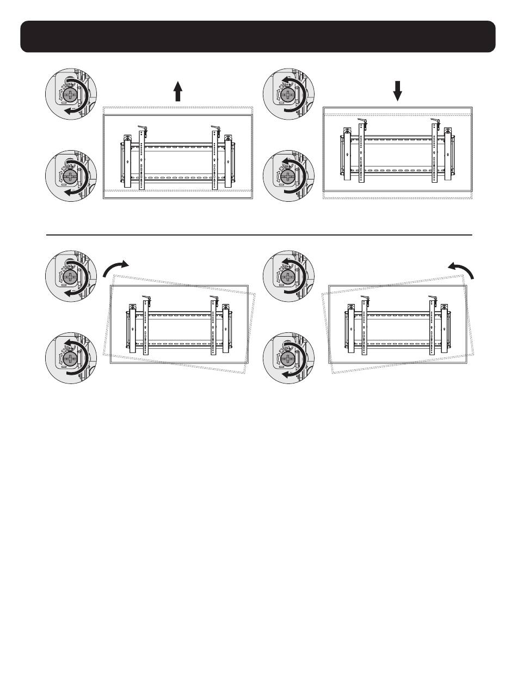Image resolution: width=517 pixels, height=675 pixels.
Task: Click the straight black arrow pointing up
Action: click(x=177, y=90)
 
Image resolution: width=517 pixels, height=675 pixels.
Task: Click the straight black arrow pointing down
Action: click(x=398, y=91)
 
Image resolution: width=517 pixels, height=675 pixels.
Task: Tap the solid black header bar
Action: click(x=258, y=36)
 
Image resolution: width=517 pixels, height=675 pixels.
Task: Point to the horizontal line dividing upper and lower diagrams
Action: click(x=258, y=235)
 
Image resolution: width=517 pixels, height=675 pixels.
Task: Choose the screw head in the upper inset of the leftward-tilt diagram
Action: click(x=287, y=277)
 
